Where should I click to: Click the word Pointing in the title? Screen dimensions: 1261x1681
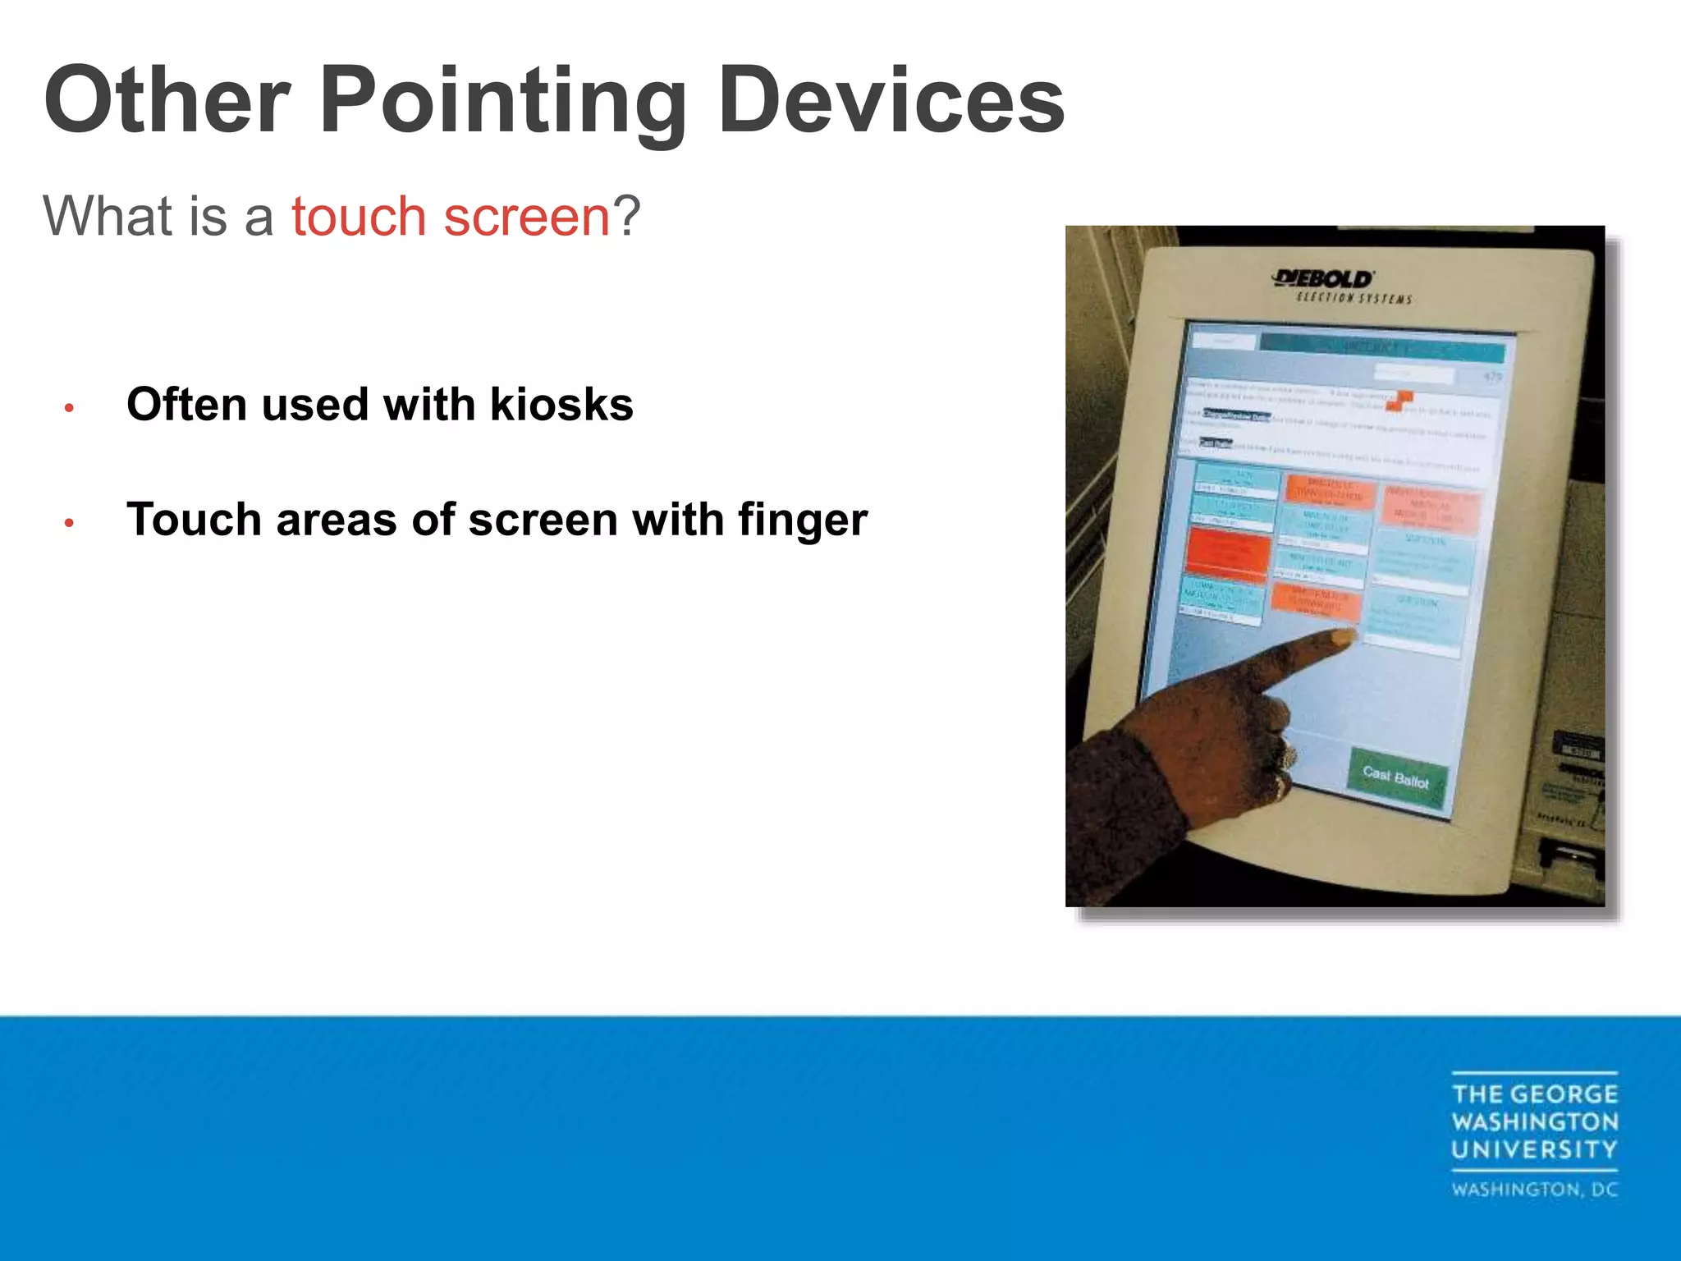pos(502,103)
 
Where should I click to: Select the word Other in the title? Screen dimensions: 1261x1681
pos(167,103)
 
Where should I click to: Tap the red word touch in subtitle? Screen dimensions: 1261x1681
pos(358,217)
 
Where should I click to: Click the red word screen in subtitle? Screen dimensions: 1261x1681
pos(527,217)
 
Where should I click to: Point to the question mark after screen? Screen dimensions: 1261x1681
pos(627,217)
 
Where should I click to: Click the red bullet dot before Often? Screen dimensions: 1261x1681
pos(70,407)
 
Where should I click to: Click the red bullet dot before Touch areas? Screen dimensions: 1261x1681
pos(70,522)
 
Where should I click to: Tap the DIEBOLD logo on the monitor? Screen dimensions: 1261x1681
pos(1323,279)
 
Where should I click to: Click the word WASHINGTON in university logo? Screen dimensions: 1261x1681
pos(1535,1122)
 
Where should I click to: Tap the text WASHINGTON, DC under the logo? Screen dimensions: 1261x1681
pos(1535,1190)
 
